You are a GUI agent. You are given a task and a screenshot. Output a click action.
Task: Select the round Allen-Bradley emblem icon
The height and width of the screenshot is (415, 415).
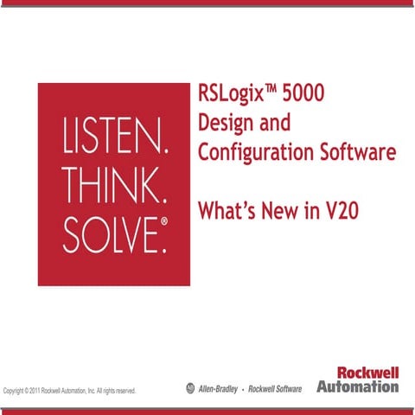(x=191, y=389)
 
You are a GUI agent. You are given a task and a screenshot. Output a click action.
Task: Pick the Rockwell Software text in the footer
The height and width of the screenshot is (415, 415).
(x=275, y=390)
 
